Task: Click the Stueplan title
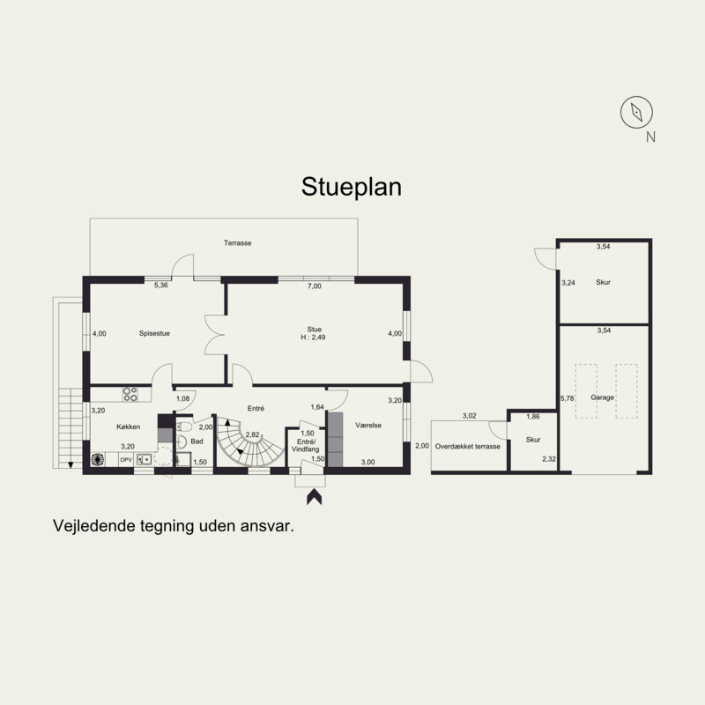point(351,187)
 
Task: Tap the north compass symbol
point(636,112)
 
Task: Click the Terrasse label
point(237,243)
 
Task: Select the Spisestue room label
point(154,333)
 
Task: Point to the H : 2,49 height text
point(313,338)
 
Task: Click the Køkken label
point(128,427)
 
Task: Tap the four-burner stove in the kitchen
point(130,394)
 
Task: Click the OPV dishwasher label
point(125,460)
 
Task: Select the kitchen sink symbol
point(144,459)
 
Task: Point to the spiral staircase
point(249,442)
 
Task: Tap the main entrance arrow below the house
point(315,497)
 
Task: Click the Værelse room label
point(368,425)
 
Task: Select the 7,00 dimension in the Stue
point(315,286)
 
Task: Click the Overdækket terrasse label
point(468,447)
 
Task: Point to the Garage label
point(602,397)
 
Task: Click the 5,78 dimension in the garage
point(567,398)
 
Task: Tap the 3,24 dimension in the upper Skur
point(568,283)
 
